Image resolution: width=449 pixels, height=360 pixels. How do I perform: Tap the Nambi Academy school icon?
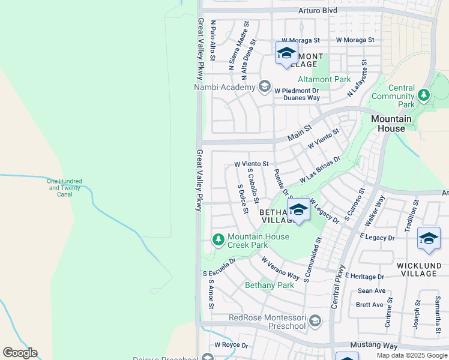(x=264, y=87)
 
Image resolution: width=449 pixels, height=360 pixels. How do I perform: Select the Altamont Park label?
(x=324, y=79)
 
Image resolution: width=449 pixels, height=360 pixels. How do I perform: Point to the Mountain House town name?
(x=391, y=124)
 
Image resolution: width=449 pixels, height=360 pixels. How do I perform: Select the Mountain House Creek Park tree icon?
(x=218, y=241)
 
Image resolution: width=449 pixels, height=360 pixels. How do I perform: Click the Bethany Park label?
(x=270, y=285)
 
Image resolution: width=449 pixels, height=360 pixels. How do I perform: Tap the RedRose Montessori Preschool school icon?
(x=315, y=321)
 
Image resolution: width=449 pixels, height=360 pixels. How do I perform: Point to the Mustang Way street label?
(x=374, y=346)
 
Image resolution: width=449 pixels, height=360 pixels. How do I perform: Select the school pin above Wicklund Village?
(x=429, y=238)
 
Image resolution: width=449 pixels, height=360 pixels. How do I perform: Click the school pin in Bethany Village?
(x=298, y=209)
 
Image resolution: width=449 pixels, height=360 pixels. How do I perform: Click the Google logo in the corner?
(x=20, y=353)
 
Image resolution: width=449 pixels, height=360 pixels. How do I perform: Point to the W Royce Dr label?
(x=231, y=345)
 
